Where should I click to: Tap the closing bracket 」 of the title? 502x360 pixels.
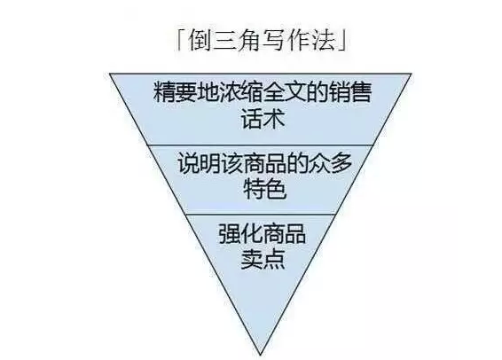(x=342, y=41)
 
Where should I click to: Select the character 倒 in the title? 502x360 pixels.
(x=200, y=41)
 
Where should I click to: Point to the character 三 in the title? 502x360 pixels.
(x=224, y=41)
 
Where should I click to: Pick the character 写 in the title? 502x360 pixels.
(x=274, y=41)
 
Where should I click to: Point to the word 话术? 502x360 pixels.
(x=263, y=119)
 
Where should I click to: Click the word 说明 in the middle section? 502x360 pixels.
(x=200, y=163)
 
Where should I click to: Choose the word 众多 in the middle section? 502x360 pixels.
(x=330, y=163)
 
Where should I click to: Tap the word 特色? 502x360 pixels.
(x=264, y=189)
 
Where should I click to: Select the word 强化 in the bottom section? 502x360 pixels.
(x=240, y=233)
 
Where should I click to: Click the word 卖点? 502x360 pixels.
(x=263, y=259)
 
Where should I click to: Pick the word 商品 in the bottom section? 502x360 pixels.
(x=284, y=233)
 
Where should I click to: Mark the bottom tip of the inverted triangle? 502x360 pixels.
(x=260, y=355)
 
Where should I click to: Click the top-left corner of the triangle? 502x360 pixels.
(x=110, y=74)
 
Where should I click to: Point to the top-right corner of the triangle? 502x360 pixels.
(x=412, y=74)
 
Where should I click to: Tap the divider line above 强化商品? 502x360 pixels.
(x=260, y=215)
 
